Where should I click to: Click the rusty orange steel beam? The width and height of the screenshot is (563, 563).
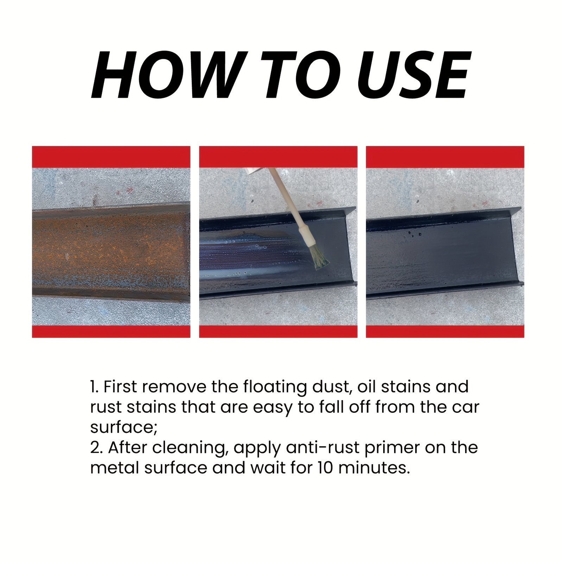tap(111, 250)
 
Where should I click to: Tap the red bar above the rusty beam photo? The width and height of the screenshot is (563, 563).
tap(111, 157)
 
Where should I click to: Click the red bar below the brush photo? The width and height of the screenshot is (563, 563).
tap(278, 331)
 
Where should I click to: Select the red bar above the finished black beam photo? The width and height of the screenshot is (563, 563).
tap(445, 157)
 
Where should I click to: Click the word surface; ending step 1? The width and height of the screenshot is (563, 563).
tap(124, 428)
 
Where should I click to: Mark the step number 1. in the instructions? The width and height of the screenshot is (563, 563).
tap(95, 387)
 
